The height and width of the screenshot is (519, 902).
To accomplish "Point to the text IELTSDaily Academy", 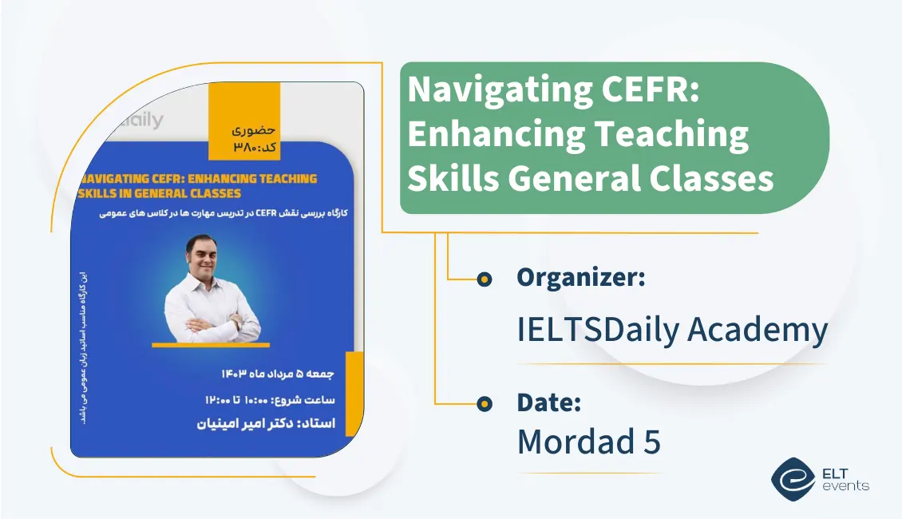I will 672,330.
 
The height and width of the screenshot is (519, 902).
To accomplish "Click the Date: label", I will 548,402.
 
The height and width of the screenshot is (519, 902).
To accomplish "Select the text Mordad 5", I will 588,442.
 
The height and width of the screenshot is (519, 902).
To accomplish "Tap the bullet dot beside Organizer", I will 484,279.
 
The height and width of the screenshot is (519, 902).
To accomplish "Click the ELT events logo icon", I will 793,477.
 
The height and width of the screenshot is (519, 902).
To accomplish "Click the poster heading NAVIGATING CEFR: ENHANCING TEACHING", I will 198,179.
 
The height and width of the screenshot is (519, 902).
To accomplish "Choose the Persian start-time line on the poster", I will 274,399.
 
